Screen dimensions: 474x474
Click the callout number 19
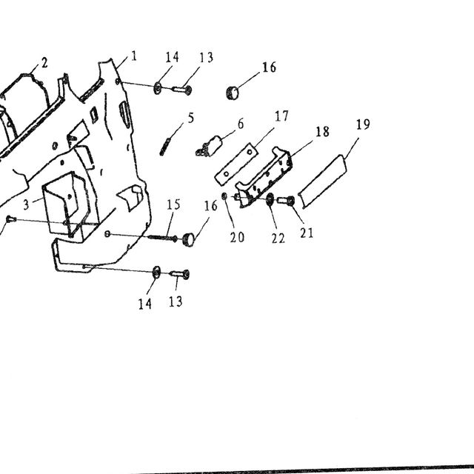pyautogui.click(x=363, y=124)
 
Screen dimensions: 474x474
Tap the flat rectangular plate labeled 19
pyautogui.click(x=323, y=181)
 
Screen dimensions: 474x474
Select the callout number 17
pyautogui.click(x=281, y=116)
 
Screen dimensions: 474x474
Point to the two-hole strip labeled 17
pyautogui.click(x=236, y=164)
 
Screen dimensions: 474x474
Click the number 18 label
pyautogui.click(x=322, y=132)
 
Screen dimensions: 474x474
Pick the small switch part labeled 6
pyautogui.click(x=210, y=147)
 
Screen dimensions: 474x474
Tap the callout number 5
pyautogui.click(x=191, y=118)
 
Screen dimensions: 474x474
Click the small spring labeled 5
pyautogui.click(x=165, y=147)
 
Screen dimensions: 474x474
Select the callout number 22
pyautogui.click(x=278, y=238)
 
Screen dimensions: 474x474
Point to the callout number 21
pyautogui.click(x=307, y=233)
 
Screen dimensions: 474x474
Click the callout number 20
pyautogui.click(x=237, y=237)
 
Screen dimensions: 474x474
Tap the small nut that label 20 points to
pyautogui.click(x=224, y=196)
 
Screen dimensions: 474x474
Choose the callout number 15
pyautogui.click(x=173, y=204)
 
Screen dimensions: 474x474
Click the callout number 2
pyautogui.click(x=44, y=63)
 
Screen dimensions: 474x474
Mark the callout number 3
pyautogui.click(x=27, y=205)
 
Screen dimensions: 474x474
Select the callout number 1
pyautogui.click(x=134, y=56)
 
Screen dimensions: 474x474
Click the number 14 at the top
pyautogui.click(x=172, y=57)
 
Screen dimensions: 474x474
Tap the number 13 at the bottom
pyautogui.click(x=176, y=301)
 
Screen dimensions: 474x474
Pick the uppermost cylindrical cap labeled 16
pyautogui.click(x=233, y=93)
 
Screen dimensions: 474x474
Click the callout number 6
pyautogui.click(x=241, y=124)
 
